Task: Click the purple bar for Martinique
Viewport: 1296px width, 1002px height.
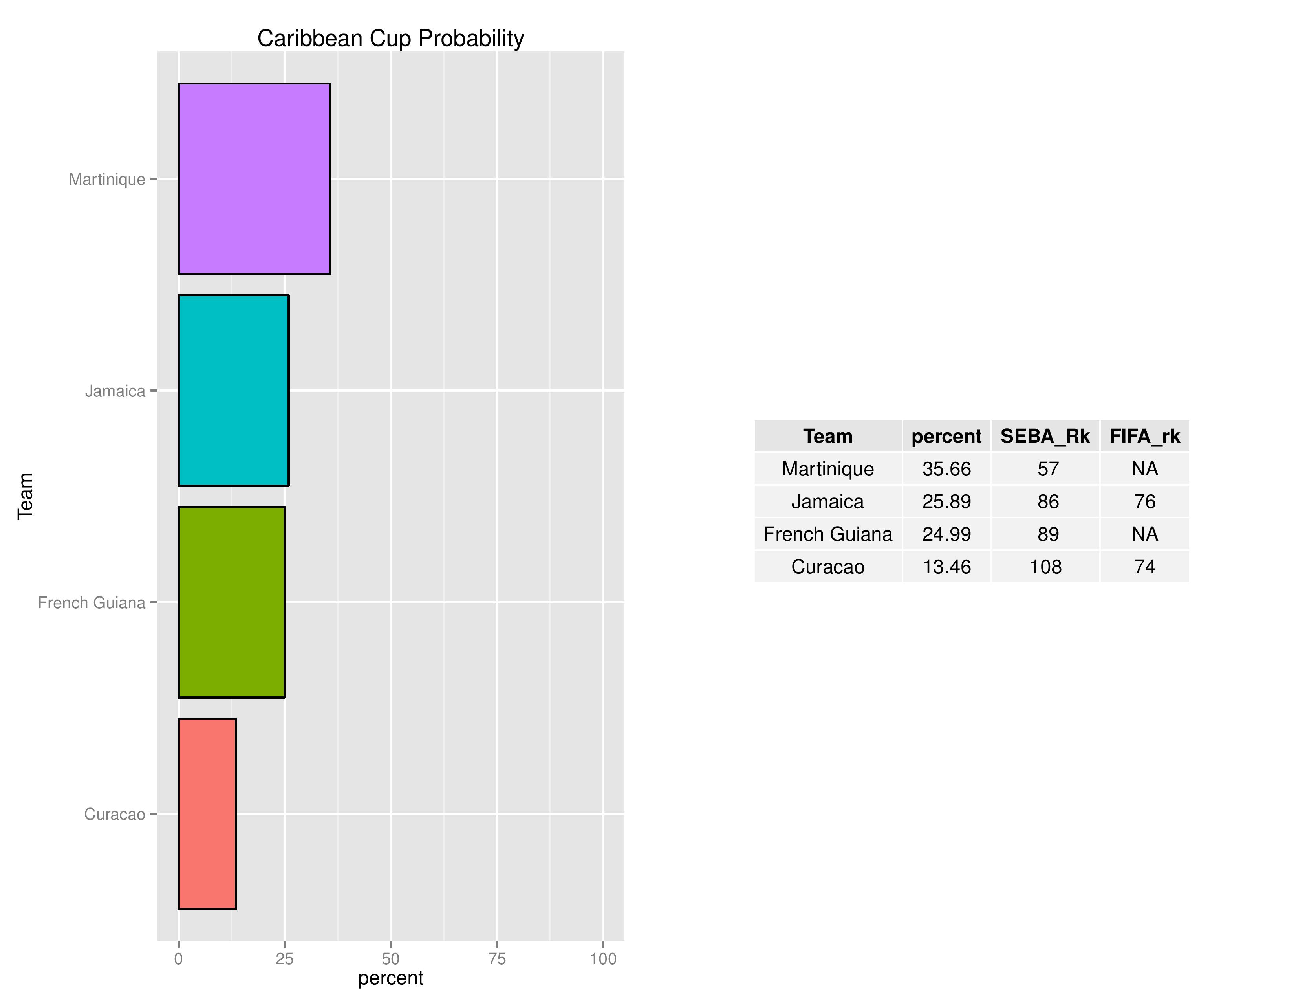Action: (x=254, y=179)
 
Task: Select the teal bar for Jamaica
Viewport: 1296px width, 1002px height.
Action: (x=233, y=391)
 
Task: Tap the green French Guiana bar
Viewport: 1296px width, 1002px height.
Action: (x=231, y=602)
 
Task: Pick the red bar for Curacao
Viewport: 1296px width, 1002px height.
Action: (x=207, y=814)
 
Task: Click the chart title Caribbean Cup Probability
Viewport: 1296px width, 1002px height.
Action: (x=390, y=39)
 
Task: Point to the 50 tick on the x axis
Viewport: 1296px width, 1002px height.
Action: (x=390, y=959)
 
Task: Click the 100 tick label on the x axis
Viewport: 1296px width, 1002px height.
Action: (x=603, y=959)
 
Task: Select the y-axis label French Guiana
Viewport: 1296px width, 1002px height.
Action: (x=92, y=603)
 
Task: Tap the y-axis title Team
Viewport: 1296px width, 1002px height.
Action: (x=25, y=496)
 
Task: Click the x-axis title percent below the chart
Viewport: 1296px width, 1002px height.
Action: (x=390, y=978)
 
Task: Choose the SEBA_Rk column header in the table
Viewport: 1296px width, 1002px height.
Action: (x=1045, y=436)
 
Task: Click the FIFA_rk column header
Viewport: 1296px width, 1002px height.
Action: (x=1145, y=436)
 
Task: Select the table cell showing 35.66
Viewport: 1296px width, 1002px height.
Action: (x=946, y=469)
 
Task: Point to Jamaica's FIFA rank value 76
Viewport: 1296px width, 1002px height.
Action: (x=1145, y=502)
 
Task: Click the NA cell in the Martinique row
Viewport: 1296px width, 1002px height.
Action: (x=1145, y=469)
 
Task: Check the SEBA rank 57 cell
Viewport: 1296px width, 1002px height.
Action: (x=1048, y=469)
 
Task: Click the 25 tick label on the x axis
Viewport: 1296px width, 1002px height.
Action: (x=285, y=959)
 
